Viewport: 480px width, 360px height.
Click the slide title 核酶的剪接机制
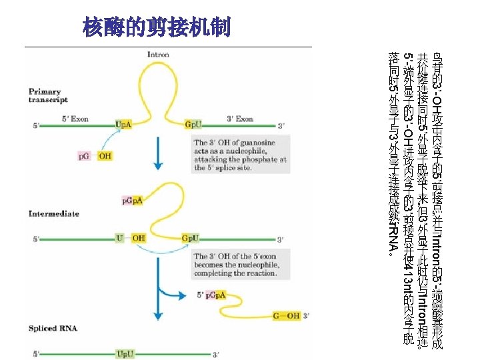(157, 28)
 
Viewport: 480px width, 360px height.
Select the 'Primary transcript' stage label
(48, 95)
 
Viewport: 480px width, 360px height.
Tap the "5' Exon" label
(75, 119)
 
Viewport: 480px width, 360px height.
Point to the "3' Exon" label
(240, 119)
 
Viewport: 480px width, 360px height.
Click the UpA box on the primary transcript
(123, 124)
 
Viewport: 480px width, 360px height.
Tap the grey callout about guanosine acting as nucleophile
(241, 155)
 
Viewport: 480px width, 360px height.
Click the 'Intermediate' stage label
(54, 214)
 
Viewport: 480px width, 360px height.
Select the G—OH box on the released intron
(285, 316)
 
